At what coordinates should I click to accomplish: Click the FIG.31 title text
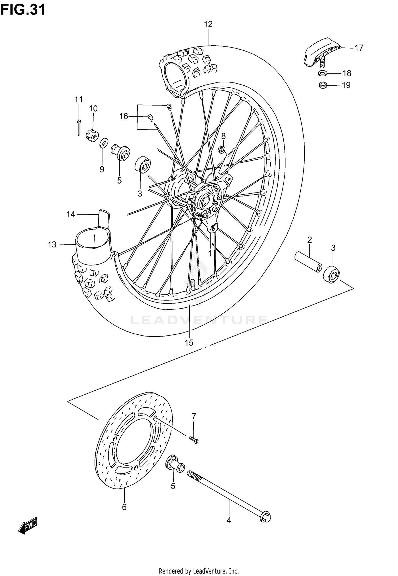click(23, 10)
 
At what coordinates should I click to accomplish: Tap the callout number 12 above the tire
click(208, 24)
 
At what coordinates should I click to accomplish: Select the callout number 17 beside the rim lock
click(359, 48)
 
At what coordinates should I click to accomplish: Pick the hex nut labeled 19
click(323, 85)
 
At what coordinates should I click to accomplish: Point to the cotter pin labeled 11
click(79, 127)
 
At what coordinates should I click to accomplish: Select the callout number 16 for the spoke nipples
click(124, 116)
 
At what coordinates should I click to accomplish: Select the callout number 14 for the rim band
click(71, 214)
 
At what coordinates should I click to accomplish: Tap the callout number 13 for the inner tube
click(52, 245)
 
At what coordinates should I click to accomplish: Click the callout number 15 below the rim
click(189, 343)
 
